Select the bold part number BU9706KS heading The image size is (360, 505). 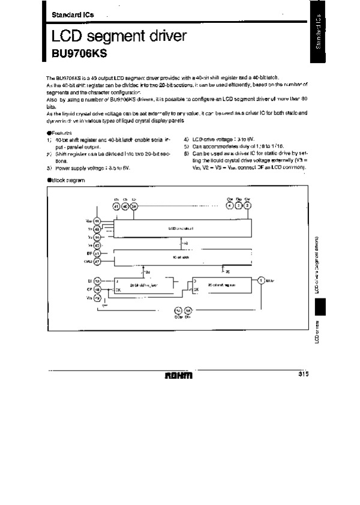[x=74, y=52]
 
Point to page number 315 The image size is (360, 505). [x=302, y=375]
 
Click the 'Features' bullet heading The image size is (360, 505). [x=59, y=133]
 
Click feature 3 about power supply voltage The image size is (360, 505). [x=90, y=168]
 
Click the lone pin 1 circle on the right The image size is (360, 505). [x=261, y=280]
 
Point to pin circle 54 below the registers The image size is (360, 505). [x=178, y=310]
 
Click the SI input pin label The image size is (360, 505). [x=89, y=280]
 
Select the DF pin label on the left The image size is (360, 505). [x=88, y=254]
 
